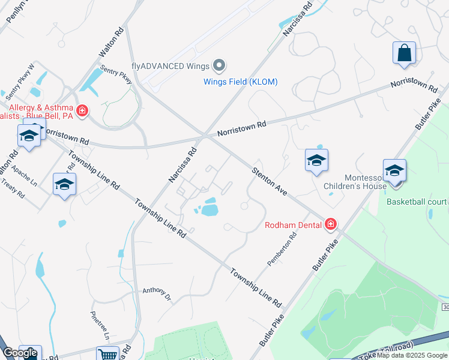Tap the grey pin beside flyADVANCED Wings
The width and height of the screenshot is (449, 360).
coord(220,65)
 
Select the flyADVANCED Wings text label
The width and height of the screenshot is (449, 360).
coord(170,66)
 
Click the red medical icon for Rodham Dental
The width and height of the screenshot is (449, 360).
coord(330,225)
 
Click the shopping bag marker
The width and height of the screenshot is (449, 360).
coord(404,52)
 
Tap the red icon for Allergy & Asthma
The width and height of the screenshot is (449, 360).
coord(82,111)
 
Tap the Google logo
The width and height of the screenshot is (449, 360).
coord(20,353)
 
